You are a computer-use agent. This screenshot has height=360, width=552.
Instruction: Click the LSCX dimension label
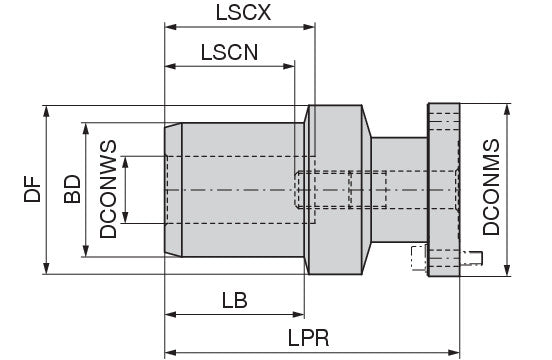click(x=243, y=13)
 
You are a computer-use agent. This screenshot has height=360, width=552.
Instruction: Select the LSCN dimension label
click(x=229, y=52)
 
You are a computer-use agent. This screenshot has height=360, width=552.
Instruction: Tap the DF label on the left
click(x=32, y=189)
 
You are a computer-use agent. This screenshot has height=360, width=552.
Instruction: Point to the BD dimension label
click(x=72, y=189)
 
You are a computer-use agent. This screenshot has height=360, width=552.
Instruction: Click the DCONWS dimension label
click(x=108, y=189)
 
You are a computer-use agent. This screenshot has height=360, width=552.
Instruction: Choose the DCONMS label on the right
click(x=491, y=187)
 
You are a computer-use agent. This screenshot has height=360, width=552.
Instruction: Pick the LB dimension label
click(x=234, y=300)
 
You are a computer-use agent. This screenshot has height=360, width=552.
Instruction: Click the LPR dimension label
click(x=308, y=338)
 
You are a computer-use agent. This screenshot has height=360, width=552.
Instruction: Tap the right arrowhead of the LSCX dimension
click(x=309, y=27)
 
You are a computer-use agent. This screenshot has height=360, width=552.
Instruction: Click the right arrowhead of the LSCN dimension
click(x=289, y=66)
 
